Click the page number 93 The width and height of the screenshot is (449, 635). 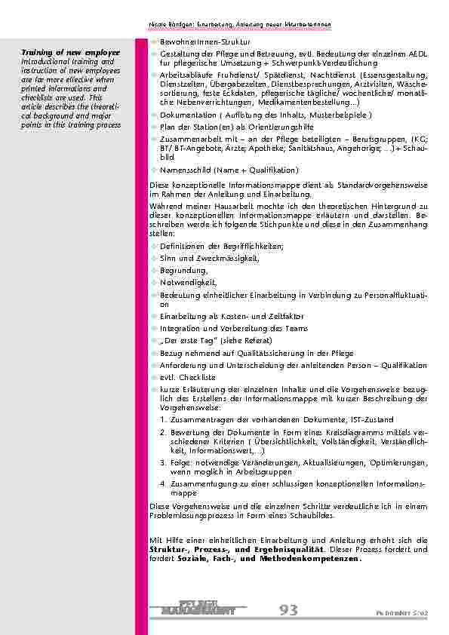pyautogui.click(x=288, y=609)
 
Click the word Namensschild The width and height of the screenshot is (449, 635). pyautogui.click(x=183, y=170)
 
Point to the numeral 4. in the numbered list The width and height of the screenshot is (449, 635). pyautogui.click(x=164, y=481)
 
